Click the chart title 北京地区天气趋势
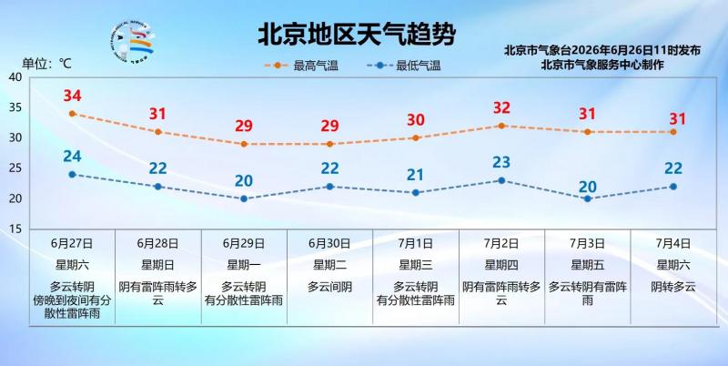coord(357,34)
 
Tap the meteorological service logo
coord(133,42)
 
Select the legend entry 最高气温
coord(302,66)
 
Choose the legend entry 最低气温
coord(403,66)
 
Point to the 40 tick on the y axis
coord(15,77)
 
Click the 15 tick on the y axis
coord(15,229)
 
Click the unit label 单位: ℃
coord(47,64)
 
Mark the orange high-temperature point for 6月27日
coord(72,113)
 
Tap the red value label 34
coord(73,96)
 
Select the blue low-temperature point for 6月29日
coord(244,198)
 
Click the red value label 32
coord(501,107)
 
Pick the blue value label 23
coord(501,162)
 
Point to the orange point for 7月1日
coord(416,138)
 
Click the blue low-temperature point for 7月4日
coord(673,187)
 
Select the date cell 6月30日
coord(329,243)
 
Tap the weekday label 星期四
coord(501,265)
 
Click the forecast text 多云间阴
coord(329,287)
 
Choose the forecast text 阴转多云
coord(673,287)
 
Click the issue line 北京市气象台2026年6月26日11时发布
coord(602,50)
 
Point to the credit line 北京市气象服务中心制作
coord(602,65)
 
